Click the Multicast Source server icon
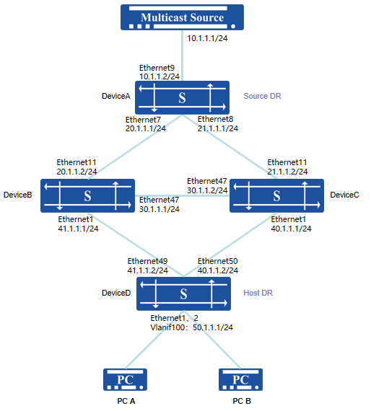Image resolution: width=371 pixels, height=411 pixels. click(x=182, y=17)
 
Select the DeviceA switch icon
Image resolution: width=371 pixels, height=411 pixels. click(x=182, y=97)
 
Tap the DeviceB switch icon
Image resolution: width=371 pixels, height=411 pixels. click(x=87, y=195)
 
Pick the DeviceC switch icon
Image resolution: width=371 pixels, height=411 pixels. click(x=276, y=195)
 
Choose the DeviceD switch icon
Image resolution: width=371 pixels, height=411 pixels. click(x=183, y=293)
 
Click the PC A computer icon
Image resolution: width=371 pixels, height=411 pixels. click(x=125, y=379)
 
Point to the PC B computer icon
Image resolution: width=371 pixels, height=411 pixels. click(x=240, y=379)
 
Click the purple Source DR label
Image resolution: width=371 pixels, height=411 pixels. click(x=263, y=96)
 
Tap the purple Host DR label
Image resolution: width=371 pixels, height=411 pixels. click(x=258, y=293)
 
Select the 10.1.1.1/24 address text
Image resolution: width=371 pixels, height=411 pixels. click(x=207, y=38)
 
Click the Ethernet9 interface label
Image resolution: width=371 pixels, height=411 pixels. click(x=157, y=68)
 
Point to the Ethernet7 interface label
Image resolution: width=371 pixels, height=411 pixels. click(x=143, y=120)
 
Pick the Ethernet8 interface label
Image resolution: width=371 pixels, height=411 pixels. click(x=215, y=119)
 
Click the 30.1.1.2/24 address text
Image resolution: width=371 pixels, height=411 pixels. click(x=207, y=190)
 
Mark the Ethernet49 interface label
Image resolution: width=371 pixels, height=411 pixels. click(x=147, y=261)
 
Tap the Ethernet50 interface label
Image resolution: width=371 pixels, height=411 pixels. click(x=218, y=261)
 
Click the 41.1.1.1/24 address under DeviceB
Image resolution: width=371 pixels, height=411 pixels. click(x=78, y=229)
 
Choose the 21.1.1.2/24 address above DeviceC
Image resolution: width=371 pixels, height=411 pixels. click(x=287, y=172)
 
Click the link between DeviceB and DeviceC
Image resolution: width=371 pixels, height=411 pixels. click(x=182, y=196)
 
